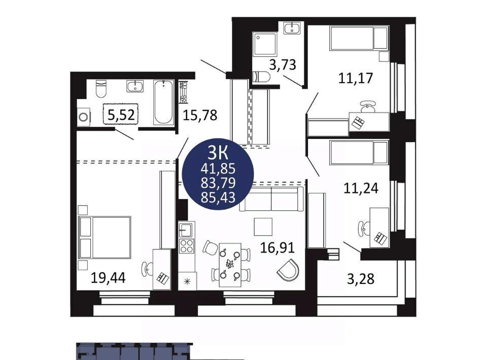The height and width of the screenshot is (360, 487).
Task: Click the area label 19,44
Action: (x=108, y=278)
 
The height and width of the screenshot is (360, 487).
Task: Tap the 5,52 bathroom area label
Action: (x=121, y=115)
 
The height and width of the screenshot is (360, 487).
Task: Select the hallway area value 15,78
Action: (x=200, y=116)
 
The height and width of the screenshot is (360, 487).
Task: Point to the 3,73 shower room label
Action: (x=283, y=65)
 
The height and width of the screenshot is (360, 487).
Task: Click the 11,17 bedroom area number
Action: (x=355, y=78)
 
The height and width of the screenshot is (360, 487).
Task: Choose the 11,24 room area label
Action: (x=361, y=188)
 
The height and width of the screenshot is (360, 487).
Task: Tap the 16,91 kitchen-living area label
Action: (x=277, y=247)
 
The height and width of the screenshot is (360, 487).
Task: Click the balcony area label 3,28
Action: (x=361, y=279)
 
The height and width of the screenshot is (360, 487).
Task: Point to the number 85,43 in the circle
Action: (x=218, y=197)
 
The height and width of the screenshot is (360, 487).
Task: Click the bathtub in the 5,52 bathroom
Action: (x=163, y=102)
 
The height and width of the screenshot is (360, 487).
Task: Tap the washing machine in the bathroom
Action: (x=83, y=117)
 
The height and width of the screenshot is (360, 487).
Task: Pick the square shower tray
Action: (x=265, y=44)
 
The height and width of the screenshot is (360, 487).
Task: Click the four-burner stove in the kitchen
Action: (x=187, y=245)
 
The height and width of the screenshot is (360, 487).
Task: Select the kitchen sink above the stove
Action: (x=187, y=230)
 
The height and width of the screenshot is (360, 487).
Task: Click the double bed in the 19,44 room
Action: (x=105, y=238)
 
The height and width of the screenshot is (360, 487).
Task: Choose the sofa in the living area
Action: (x=271, y=199)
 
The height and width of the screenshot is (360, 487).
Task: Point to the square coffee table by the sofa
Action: (x=263, y=227)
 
